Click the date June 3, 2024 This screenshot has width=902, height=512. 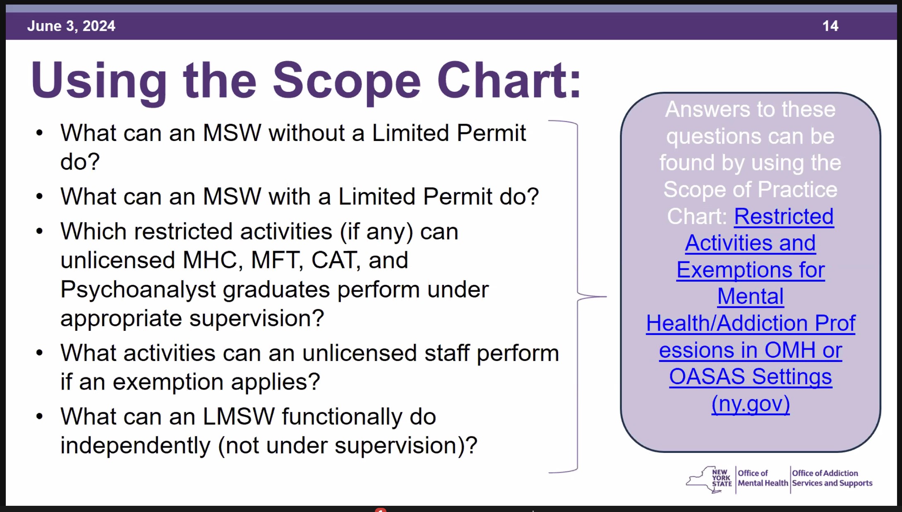click(71, 26)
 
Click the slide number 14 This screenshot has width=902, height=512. click(830, 26)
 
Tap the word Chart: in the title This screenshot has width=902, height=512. click(509, 79)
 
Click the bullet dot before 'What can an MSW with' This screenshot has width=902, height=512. click(39, 196)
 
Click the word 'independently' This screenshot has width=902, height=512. click(135, 446)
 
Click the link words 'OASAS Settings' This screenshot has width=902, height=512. click(751, 377)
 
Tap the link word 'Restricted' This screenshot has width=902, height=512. click(784, 216)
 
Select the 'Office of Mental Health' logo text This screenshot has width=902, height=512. click(763, 478)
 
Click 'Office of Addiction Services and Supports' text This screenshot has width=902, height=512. click(832, 478)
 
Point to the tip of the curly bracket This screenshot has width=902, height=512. click(607, 297)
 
